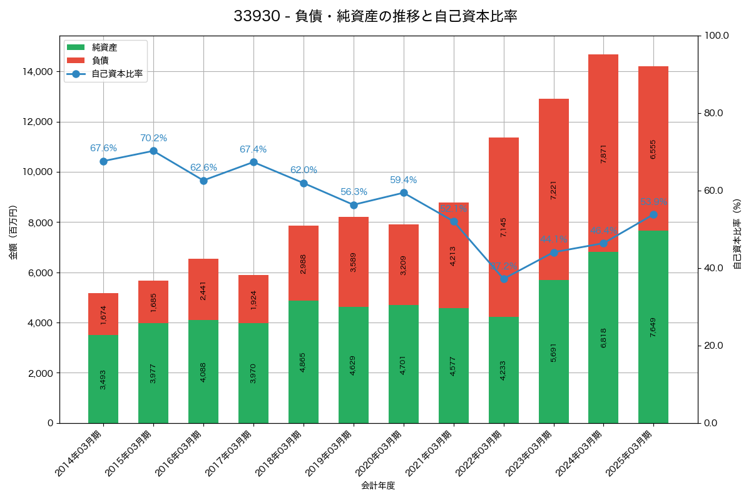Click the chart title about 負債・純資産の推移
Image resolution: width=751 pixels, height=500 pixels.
click(375, 16)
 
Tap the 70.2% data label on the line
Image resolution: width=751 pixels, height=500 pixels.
click(153, 138)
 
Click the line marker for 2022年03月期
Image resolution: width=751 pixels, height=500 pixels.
click(504, 279)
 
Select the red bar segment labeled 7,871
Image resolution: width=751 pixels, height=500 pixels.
click(603, 153)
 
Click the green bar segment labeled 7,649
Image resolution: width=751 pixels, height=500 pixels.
click(653, 327)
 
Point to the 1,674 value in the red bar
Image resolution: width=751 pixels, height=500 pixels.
click(103, 314)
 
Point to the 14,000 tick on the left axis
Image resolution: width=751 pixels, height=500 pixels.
click(37, 72)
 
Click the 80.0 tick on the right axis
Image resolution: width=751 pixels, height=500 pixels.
click(713, 113)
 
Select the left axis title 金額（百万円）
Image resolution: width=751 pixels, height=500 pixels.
click(13, 232)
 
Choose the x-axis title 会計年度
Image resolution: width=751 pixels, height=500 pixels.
click(378, 486)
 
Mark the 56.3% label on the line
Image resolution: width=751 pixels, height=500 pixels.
click(354, 192)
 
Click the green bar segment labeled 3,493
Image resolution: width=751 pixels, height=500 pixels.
click(103, 379)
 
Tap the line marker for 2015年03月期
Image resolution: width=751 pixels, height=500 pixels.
click(153, 151)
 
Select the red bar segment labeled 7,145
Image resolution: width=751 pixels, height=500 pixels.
click(504, 227)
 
